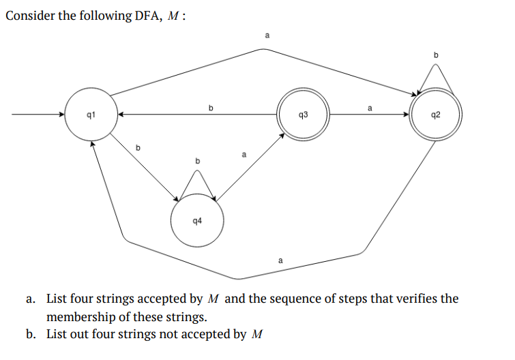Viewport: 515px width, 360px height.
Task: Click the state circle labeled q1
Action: (90, 115)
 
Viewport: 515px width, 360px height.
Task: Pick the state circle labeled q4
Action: (196, 221)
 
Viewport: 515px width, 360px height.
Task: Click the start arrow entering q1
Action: (38, 115)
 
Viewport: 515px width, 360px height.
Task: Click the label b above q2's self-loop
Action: (437, 54)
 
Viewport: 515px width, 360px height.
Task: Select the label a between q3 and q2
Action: (370, 107)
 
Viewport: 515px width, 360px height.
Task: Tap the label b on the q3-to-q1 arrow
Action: (211, 107)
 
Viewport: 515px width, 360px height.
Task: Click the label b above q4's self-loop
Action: (198, 160)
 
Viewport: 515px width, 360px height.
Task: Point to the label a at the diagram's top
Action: (267, 33)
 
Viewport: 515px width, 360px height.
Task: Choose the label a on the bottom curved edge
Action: (280, 260)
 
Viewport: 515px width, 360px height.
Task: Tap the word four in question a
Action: (83, 299)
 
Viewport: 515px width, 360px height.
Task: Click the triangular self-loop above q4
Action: (198, 183)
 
